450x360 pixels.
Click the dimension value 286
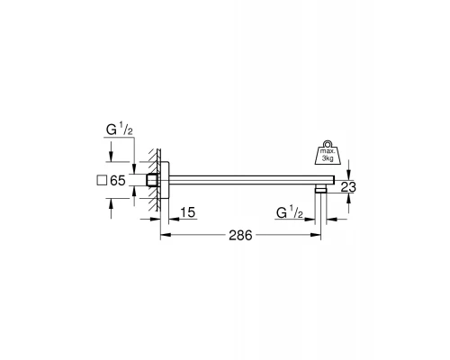click(x=238, y=236)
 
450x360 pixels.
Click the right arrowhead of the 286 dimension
click(x=318, y=236)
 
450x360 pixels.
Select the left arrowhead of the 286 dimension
click(x=164, y=236)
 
